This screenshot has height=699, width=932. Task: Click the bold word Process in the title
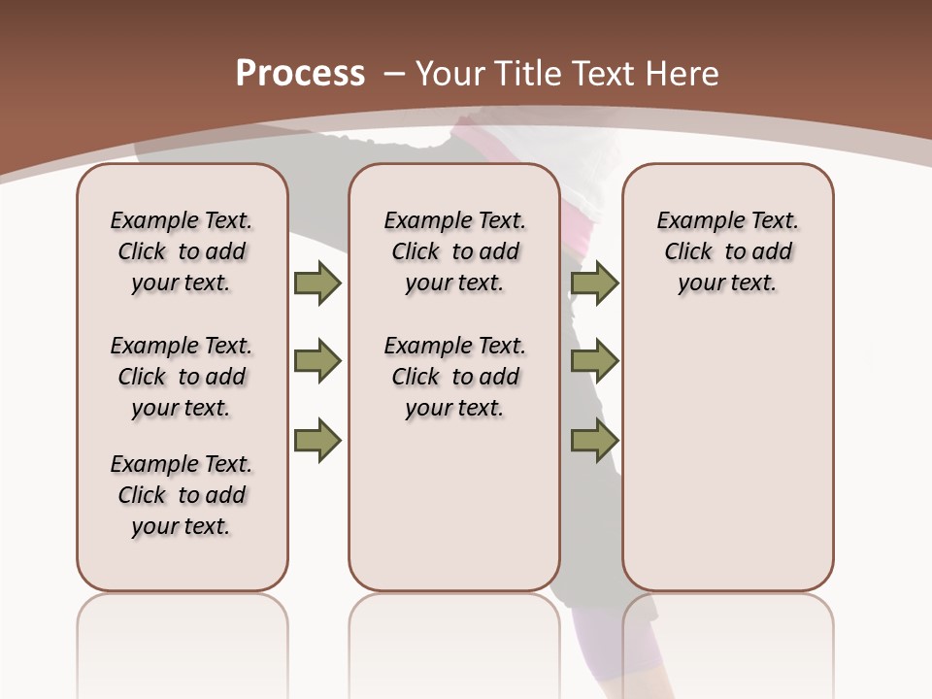pyautogui.click(x=300, y=74)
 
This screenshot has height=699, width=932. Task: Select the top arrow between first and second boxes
pyautogui.click(x=317, y=283)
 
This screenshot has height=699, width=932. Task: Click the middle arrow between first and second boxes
pyautogui.click(x=317, y=361)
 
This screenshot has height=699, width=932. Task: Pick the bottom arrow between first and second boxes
pyautogui.click(x=317, y=440)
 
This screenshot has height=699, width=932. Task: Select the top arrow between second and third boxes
pyautogui.click(x=594, y=283)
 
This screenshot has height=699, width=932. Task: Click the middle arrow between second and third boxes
pyautogui.click(x=594, y=361)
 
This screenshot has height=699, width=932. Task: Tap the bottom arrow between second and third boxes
pyautogui.click(x=594, y=440)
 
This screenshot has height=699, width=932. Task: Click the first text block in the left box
pyautogui.click(x=182, y=251)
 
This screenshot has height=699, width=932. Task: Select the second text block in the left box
pyautogui.click(x=182, y=377)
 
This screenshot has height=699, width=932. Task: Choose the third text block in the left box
pyautogui.click(x=182, y=495)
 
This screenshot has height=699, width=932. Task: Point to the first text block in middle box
pyautogui.click(x=454, y=251)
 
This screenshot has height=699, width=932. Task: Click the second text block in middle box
pyautogui.click(x=454, y=377)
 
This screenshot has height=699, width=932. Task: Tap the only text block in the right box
pyautogui.click(x=727, y=251)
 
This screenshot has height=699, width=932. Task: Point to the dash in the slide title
pyautogui.click(x=394, y=74)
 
